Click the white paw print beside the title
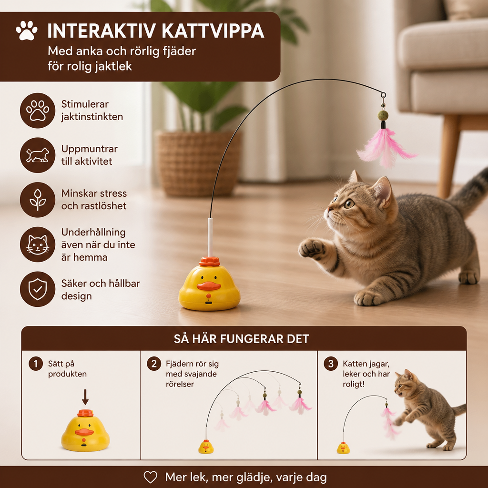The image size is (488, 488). (27, 30)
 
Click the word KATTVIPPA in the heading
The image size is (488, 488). (213, 31)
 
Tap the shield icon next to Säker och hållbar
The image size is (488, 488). (38, 289)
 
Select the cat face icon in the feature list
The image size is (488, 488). (38, 244)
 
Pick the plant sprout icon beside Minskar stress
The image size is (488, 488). (38, 200)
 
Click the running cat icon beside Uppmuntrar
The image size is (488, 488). (38, 155)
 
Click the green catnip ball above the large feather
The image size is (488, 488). (383, 115)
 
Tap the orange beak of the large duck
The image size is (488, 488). (209, 286)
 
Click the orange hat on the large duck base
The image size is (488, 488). (210, 262)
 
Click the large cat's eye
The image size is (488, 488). (349, 204)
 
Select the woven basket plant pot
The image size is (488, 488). (199, 163)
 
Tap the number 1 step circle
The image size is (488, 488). (36, 364)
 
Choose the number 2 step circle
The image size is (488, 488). (154, 364)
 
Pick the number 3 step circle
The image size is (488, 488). (331, 364)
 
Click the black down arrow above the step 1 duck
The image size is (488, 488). (85, 397)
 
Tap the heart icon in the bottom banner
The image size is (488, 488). (150, 477)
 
